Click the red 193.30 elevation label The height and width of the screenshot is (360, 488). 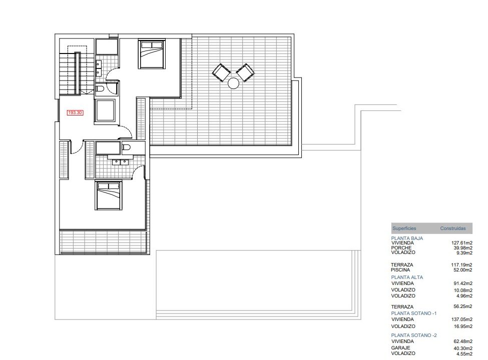[x=75, y=112]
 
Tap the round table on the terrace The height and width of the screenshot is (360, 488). [x=233, y=83]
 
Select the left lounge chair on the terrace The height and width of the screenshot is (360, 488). [x=221, y=72]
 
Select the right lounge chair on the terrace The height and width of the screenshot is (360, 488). [x=245, y=72]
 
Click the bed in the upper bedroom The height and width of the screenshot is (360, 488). [x=152, y=53]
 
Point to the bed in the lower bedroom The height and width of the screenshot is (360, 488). [x=108, y=195]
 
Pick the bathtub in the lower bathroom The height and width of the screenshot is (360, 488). [x=108, y=148]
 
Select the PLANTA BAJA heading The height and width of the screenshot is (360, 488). [x=407, y=238]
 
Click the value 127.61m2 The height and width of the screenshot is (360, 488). [x=462, y=243]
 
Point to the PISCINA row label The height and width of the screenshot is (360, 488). [x=400, y=270]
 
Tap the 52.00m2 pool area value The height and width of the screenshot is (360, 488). [x=463, y=270]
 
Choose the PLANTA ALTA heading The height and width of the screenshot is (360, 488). [x=407, y=277]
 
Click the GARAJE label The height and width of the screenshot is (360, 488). [x=400, y=348]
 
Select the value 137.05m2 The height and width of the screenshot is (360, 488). [x=462, y=319]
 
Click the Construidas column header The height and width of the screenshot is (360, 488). [x=453, y=228]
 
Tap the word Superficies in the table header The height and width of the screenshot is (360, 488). [x=404, y=228]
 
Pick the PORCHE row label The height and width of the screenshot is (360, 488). [x=401, y=248]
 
